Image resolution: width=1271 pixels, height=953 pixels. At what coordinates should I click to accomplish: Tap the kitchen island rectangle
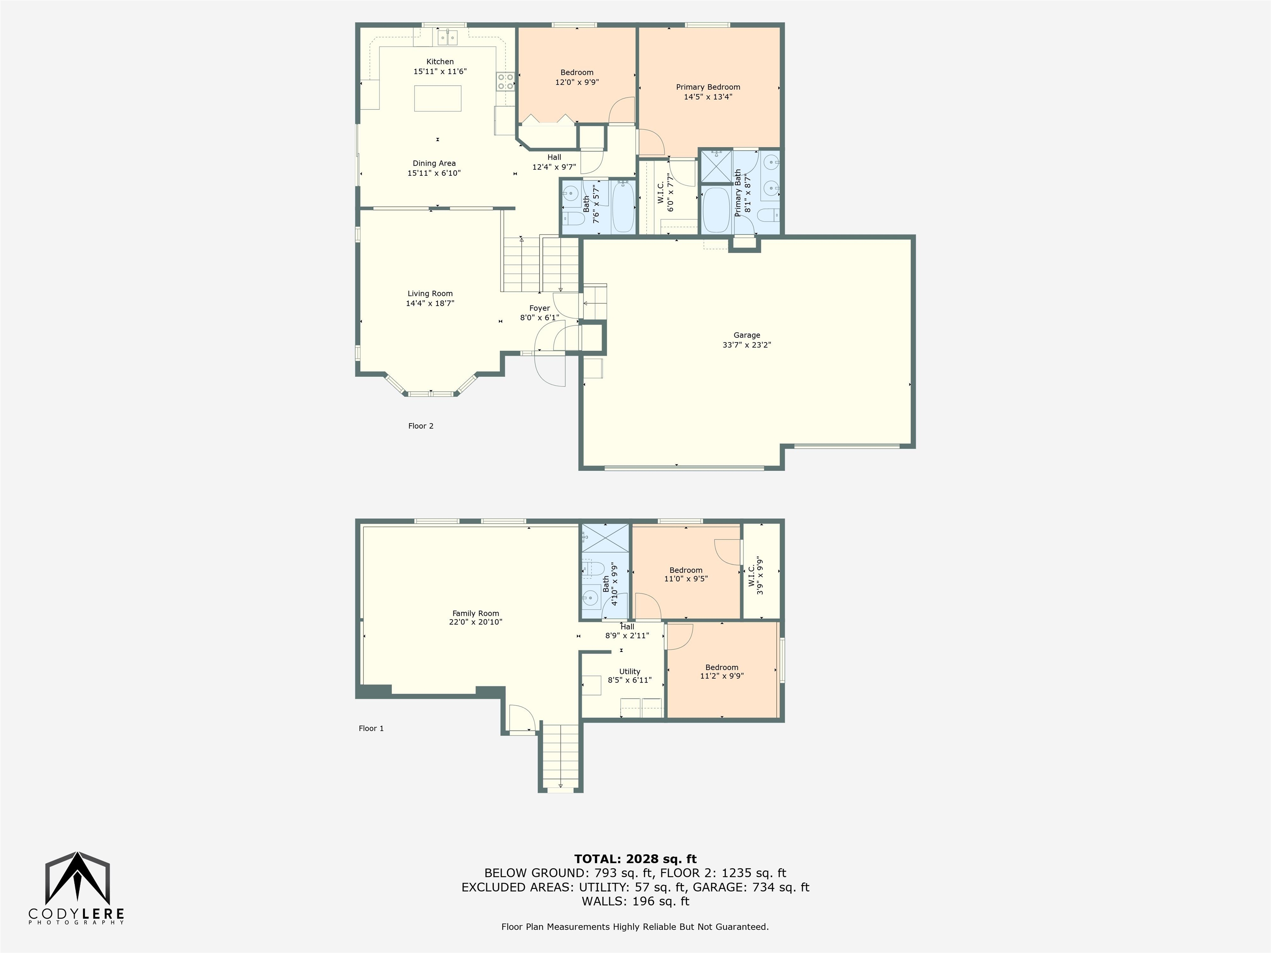437,98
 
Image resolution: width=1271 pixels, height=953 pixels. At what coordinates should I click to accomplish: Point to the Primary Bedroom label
708,87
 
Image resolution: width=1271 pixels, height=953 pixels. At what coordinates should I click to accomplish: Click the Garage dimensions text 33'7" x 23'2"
746,345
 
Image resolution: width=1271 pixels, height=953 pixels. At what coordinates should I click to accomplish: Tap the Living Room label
430,294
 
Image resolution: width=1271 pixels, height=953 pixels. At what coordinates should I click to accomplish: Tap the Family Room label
476,613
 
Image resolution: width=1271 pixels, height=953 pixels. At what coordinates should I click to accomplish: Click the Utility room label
630,671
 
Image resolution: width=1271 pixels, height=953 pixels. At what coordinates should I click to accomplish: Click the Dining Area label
434,163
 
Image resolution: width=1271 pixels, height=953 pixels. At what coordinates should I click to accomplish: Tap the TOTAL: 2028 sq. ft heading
635,859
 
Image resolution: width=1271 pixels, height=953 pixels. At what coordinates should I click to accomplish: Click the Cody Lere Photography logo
77,888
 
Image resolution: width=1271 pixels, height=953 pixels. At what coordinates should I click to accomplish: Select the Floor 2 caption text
421,426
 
